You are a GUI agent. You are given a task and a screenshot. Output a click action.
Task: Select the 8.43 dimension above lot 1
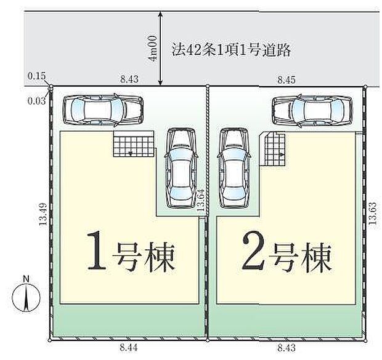[129, 79]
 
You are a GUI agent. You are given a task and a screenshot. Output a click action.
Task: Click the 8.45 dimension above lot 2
[286, 79]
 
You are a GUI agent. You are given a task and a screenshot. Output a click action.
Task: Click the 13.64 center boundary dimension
[200, 201]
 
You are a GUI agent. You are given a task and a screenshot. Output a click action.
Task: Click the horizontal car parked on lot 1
[102, 110]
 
